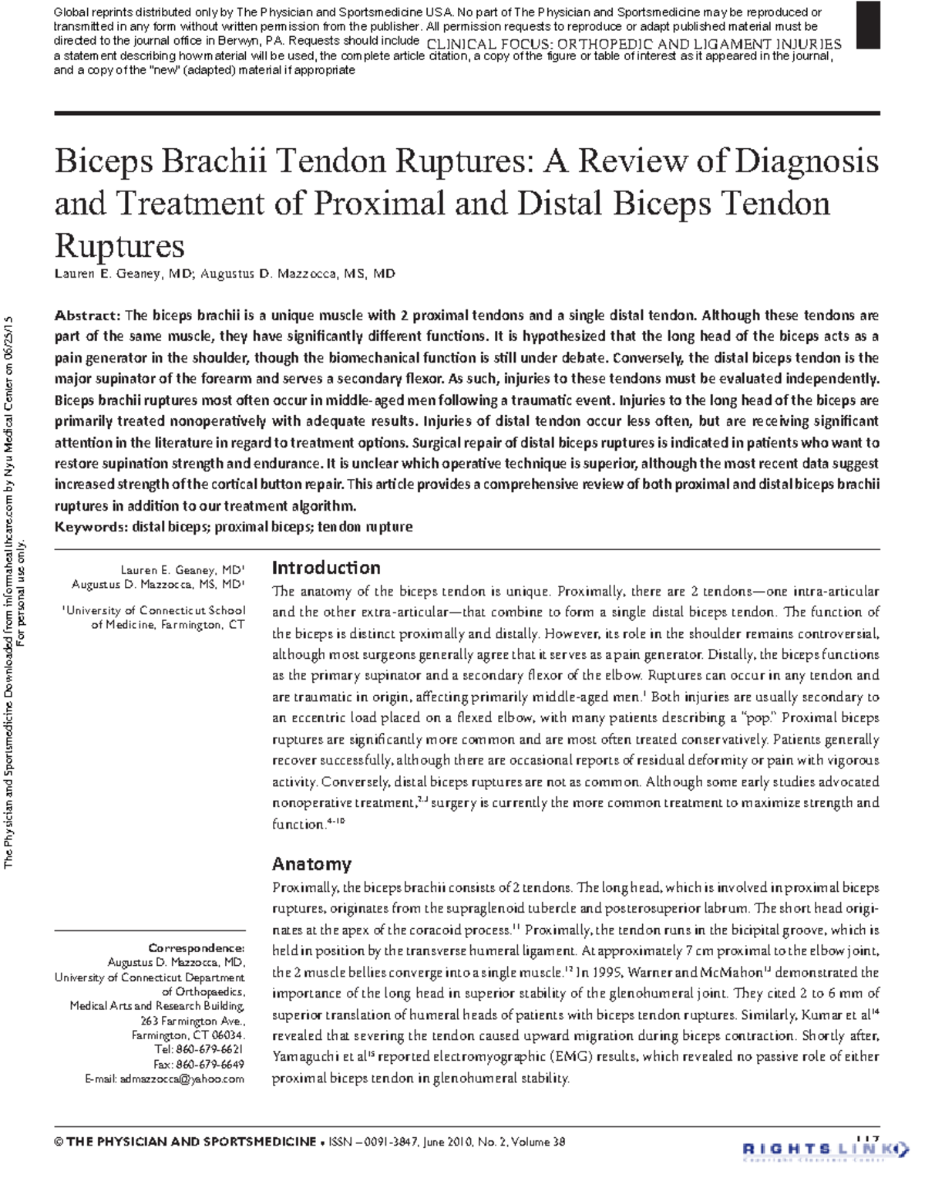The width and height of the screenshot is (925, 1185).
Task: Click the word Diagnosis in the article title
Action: pos(806,161)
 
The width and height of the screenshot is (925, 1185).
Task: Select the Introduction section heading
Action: pos(326,568)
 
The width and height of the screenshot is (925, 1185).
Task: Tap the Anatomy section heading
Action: pos(311,864)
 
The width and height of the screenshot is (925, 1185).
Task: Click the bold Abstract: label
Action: pos(87,316)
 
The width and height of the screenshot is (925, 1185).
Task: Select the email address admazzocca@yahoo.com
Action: pos(181,1079)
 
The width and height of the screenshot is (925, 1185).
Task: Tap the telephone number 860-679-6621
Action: pos(210,1050)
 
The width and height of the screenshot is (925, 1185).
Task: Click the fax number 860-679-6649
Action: pos(210,1065)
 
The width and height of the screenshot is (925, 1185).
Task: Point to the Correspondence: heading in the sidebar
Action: pos(197,948)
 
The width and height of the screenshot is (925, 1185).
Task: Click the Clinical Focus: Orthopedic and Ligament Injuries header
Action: pos(634,45)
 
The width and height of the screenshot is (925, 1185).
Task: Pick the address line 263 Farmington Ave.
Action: pos(193,1021)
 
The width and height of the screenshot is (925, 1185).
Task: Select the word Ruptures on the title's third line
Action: pos(119,246)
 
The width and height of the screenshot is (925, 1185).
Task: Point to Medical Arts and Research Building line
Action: pos(157,1006)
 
